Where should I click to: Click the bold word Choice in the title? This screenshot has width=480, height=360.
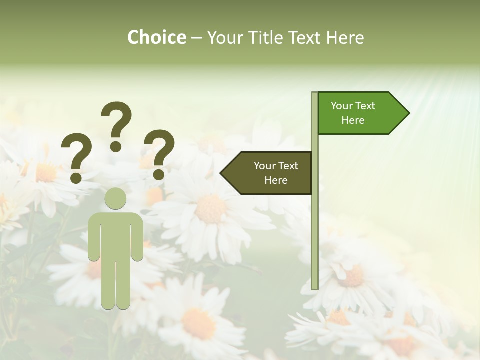pyautogui.click(x=156, y=37)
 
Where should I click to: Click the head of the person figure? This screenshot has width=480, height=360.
pyautogui.click(x=115, y=198)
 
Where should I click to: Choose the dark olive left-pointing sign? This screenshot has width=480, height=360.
pyautogui.click(x=270, y=173)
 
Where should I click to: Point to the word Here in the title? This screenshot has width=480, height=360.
pyautogui.click(x=345, y=37)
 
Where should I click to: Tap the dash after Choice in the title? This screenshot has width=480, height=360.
pyautogui.click(x=196, y=38)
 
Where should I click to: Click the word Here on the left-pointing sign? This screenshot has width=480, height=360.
pyautogui.click(x=276, y=180)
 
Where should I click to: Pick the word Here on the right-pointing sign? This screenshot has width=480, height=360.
pyautogui.click(x=353, y=120)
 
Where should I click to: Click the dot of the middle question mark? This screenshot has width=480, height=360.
pyautogui.click(x=116, y=146)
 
